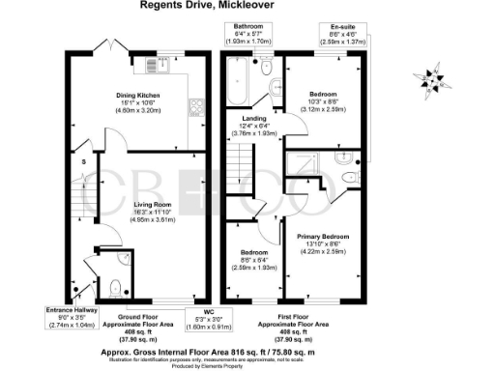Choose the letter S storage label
click(x=85, y=161)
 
